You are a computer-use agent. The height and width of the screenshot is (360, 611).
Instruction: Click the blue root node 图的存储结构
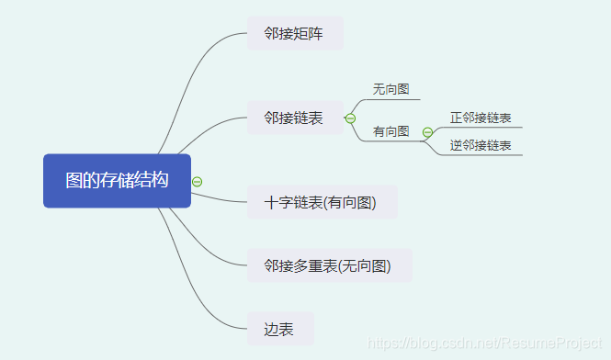click(117, 181)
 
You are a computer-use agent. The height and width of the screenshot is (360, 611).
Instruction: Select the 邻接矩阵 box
click(294, 34)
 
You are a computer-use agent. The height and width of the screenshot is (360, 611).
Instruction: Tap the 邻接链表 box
click(294, 118)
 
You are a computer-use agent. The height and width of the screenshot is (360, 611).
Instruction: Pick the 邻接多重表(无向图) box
click(329, 265)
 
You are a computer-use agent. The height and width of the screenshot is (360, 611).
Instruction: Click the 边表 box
click(280, 329)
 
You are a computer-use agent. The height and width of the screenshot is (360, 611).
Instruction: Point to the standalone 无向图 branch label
click(390, 89)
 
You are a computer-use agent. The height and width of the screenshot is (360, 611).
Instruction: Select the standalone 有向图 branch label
click(390, 131)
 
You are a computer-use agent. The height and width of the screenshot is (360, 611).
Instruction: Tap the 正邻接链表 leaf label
click(481, 118)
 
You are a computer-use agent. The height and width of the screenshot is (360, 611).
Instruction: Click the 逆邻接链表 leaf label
click(481, 145)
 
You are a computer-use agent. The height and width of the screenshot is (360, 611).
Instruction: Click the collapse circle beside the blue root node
click(198, 181)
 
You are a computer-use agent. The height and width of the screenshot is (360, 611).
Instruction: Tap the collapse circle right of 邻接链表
click(350, 118)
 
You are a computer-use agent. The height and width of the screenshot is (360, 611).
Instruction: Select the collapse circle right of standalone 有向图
click(427, 132)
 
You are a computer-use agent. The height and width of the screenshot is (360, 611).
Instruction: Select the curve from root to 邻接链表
click(207, 129)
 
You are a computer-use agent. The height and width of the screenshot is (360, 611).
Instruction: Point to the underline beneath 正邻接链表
click(482, 128)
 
